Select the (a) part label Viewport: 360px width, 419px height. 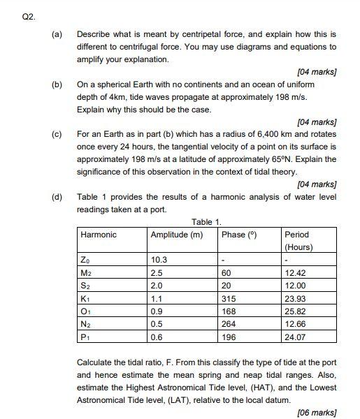55,34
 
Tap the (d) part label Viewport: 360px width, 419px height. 55,197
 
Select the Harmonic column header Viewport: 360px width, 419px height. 99,235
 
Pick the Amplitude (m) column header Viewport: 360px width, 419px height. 177,235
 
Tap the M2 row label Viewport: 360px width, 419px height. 86,272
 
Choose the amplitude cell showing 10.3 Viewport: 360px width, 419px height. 160,260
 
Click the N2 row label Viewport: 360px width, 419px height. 86,323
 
